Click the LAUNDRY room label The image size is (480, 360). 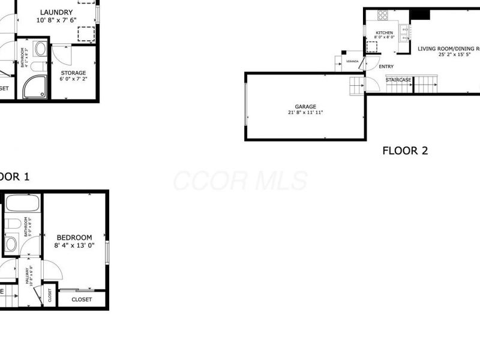(x=56, y=12)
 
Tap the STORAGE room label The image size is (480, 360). (x=73, y=73)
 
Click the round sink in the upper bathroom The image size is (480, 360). (x=40, y=49)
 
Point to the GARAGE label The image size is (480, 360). (x=305, y=107)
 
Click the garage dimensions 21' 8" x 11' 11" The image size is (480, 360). (x=305, y=113)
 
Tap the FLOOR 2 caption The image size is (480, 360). (x=405, y=151)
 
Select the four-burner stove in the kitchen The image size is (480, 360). (x=382, y=16)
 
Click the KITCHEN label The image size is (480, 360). (x=384, y=32)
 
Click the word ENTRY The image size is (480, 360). (x=386, y=67)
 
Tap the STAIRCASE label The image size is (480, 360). (x=398, y=80)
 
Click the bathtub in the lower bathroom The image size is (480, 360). (x=22, y=203)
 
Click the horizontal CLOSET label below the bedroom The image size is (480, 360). (x=82, y=299)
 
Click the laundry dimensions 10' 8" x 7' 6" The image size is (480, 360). (x=56, y=20)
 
